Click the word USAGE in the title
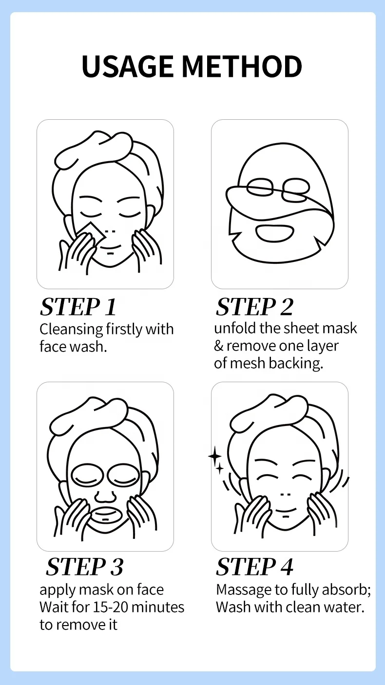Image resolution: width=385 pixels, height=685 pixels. tap(127, 67)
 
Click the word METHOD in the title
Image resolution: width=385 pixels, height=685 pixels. tap(242, 67)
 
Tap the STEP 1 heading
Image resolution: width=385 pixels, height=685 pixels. tap(78, 307)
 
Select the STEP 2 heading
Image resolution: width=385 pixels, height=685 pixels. tap(254, 307)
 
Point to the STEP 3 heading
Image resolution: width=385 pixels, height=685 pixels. tap(84, 567)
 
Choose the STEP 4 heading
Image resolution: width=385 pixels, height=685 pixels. tap(254, 567)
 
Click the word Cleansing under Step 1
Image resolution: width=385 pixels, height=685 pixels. tap(71, 330)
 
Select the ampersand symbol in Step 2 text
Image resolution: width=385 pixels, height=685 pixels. tap(219, 346)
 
